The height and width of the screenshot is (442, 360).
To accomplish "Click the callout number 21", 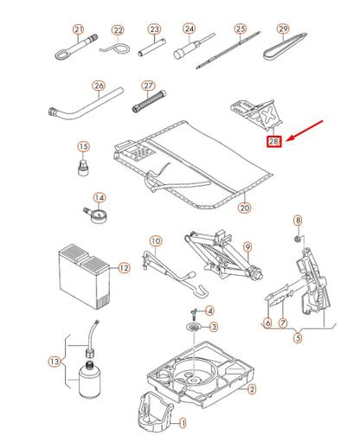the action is coord(78,29).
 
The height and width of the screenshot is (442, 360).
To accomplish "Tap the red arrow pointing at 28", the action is coord(305,131).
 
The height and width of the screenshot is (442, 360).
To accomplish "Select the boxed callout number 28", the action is coord(273,141).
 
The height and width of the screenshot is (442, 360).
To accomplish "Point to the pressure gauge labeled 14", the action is coord(96,215).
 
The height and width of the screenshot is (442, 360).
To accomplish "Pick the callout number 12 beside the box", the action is coord(124,268).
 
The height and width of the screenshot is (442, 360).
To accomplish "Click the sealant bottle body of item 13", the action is coord(90,381).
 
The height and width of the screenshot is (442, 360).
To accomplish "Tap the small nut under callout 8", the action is coord(298,239).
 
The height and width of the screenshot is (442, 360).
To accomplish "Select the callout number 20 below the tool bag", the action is coord(244,208).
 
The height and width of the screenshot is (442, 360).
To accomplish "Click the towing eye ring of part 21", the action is coord(61,54).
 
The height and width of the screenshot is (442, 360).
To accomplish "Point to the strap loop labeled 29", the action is coord(285,47).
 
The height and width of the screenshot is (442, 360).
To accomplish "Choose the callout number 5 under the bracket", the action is coord(298,337).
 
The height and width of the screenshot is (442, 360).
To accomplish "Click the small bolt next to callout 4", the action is coord(194,314).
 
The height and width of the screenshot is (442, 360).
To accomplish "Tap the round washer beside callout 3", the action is coord(195,327).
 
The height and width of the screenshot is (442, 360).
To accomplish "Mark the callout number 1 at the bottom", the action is coord(183,423).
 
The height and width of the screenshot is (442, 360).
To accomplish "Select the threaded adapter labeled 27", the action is coord(149,101).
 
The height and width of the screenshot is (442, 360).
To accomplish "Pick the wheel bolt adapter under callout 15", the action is coord(83,167).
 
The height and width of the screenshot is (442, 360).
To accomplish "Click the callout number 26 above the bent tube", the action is coord(99,86).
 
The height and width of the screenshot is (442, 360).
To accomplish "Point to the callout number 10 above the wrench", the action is coord(156,240).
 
